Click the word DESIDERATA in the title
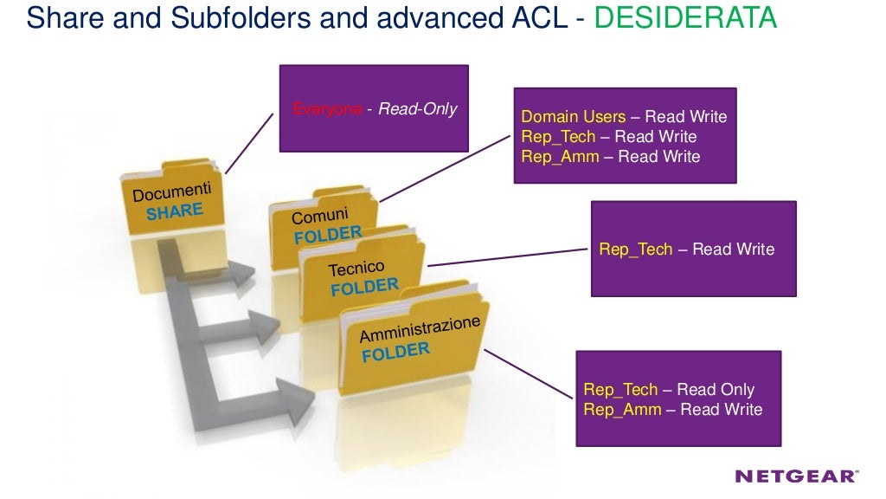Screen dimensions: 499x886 686,17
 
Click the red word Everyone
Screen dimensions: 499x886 326,110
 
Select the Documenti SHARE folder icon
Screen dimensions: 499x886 172,201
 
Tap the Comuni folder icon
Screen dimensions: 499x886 322,223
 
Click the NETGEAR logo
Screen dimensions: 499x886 796,476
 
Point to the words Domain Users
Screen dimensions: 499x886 573,117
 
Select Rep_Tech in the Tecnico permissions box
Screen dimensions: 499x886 636,249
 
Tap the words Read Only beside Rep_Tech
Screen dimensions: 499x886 716,390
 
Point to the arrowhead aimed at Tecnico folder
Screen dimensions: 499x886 264,327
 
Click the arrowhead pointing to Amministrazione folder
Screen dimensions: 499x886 299,398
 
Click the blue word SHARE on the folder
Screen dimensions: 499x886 175,211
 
